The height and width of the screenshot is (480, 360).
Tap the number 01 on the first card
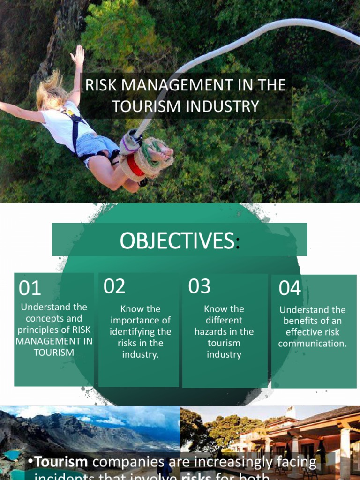pos(30,288)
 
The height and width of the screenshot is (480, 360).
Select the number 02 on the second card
pos(114,286)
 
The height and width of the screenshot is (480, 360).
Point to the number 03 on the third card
pos(199,286)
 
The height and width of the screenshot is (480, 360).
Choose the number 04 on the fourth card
pos(290,288)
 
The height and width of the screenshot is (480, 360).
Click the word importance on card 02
pos(141,321)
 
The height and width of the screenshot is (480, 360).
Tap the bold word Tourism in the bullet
pos(61,462)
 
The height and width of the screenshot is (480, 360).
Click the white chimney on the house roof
pos(291,412)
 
